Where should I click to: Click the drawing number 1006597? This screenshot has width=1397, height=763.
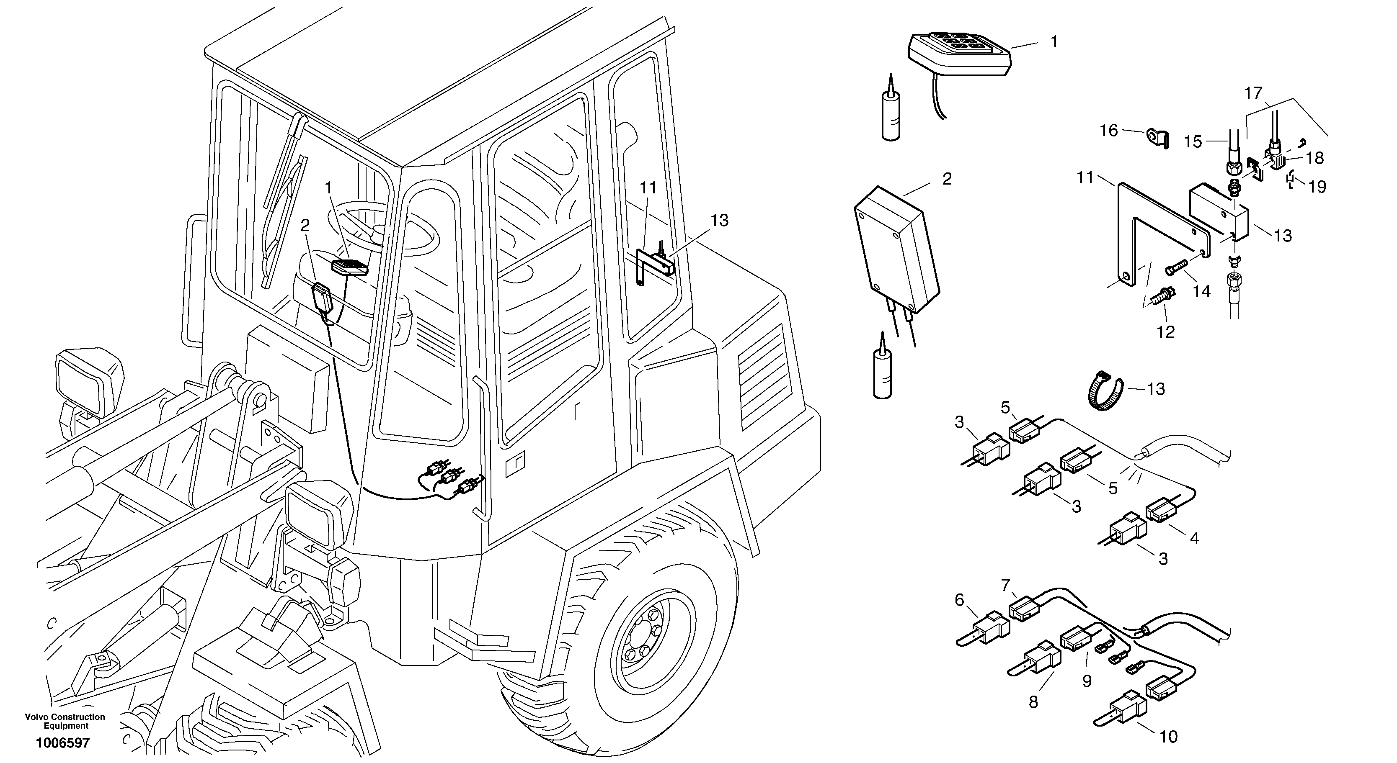[x=62, y=742]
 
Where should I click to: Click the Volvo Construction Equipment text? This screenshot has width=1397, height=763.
[x=65, y=721]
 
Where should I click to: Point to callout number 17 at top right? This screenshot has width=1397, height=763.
[x=1253, y=94]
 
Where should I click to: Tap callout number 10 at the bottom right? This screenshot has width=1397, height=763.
[x=1169, y=737]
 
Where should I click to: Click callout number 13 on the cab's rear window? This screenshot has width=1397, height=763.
[x=719, y=221]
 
